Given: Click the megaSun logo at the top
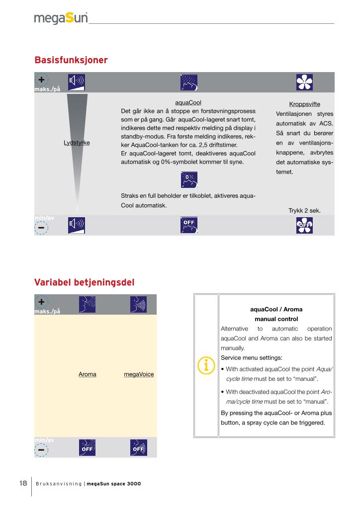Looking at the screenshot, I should pos(61,18).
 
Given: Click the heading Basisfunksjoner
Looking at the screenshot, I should pos(71,60).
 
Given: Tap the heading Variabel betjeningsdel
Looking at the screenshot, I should pos(84,282).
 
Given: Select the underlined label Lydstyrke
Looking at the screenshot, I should pos(77,143).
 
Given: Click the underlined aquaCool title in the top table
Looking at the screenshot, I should pos(188,102).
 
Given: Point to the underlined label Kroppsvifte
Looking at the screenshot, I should pos(304,104).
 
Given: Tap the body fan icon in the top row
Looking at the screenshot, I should pos(304,82).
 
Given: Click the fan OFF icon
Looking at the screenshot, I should pos(304,226).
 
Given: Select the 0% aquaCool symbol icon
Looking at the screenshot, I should pos(188,180).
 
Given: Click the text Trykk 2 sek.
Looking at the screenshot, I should pos(304,211).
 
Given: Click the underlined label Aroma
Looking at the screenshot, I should pos(88,374).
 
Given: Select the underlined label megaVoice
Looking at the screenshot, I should pos(139,374).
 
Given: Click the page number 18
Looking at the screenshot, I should pos(23,483).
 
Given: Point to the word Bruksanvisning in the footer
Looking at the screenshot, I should pos(58,484).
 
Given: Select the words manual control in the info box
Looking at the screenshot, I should pos(276,319).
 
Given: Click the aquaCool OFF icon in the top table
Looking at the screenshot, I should pos(188,226).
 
